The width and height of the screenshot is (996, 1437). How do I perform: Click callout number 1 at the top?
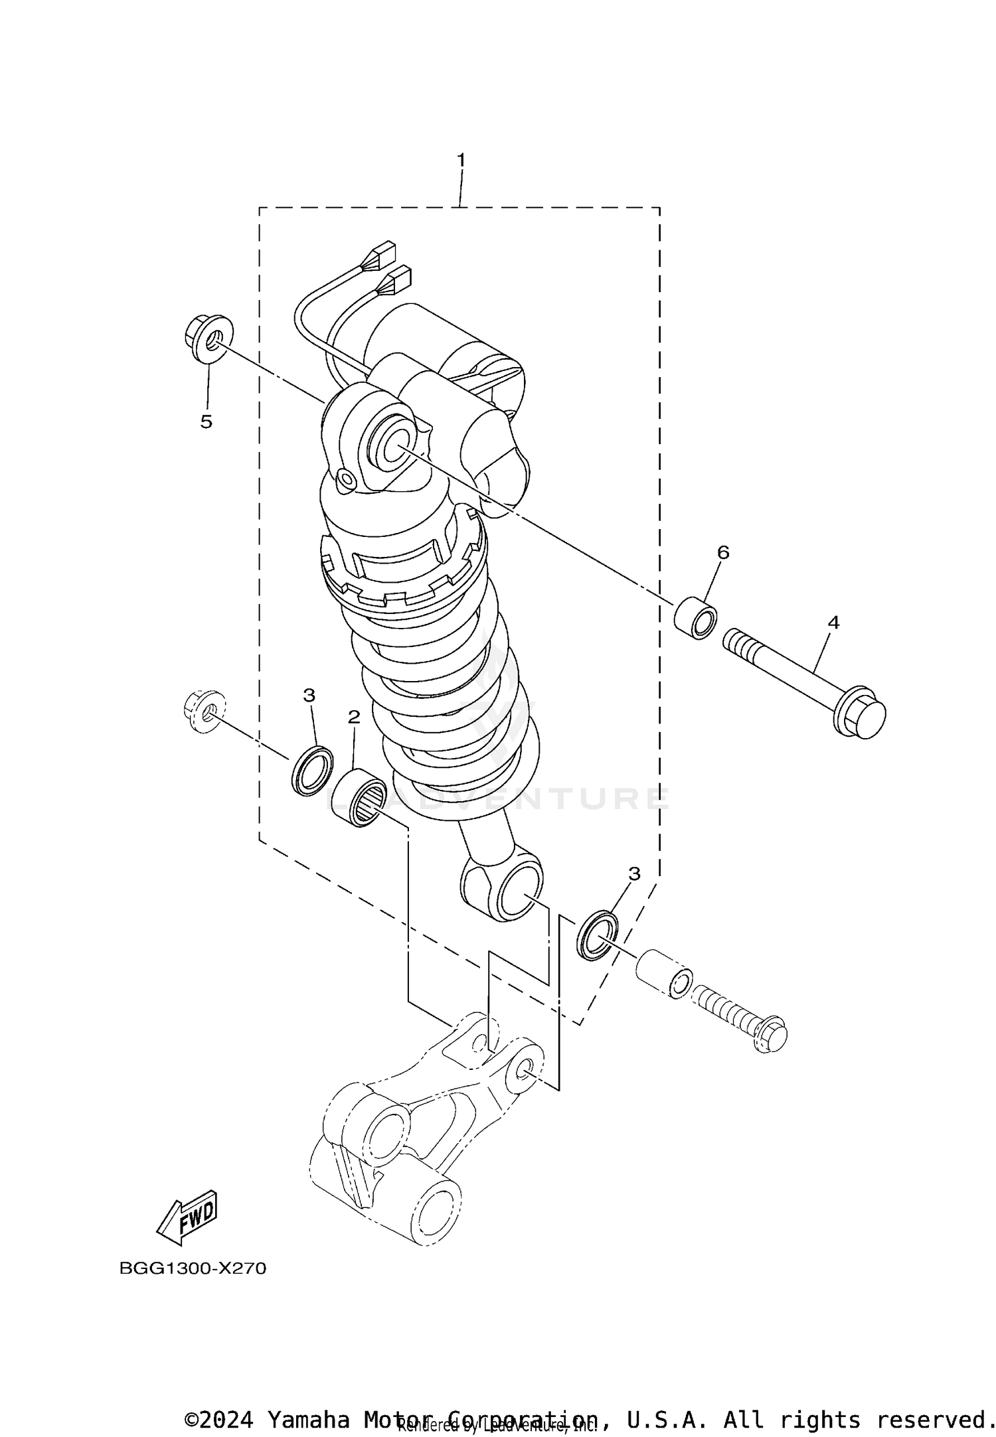point(460,161)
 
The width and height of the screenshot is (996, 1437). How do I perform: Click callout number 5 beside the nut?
point(207,421)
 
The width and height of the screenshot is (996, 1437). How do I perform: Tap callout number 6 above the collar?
point(723,552)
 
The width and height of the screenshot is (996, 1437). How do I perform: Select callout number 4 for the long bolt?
point(833,623)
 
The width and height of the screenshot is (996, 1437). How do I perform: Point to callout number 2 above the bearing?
point(354,716)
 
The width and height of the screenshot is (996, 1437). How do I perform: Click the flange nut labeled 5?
point(208,340)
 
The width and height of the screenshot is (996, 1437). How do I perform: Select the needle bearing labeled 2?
point(360,800)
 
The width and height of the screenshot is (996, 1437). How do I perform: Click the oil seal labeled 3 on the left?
point(312,770)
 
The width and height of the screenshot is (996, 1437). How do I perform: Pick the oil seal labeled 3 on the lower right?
point(597,936)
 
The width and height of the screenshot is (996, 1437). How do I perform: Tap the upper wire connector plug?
point(384,256)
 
